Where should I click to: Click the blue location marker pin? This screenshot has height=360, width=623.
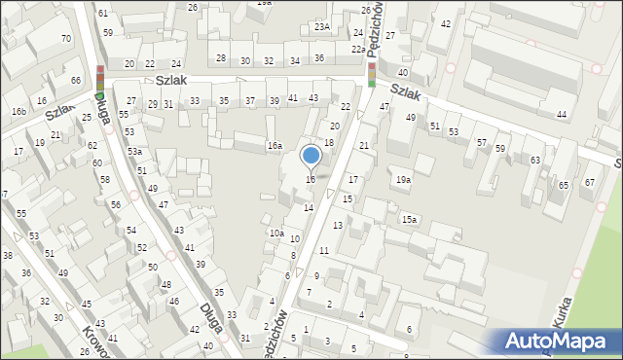click(311, 157)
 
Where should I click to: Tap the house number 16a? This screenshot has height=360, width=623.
click(275, 146)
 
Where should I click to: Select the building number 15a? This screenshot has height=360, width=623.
click(410, 220)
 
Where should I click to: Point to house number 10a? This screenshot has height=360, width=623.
click(276, 234)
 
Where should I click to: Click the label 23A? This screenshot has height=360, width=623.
click(321, 27)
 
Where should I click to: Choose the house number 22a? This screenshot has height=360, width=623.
click(358, 50)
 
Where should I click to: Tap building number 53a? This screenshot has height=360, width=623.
click(135, 152)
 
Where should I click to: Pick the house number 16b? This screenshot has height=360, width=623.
click(18, 112)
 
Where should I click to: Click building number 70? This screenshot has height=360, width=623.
click(66, 39)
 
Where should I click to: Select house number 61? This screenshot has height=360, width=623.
click(103, 14)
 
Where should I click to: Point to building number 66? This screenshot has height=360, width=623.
click(76, 80)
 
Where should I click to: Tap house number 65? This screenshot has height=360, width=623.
click(563, 185)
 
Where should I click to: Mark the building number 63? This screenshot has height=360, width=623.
click(535, 160)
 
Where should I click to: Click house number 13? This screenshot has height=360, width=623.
click(338, 226)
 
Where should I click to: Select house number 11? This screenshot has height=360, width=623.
click(324, 251)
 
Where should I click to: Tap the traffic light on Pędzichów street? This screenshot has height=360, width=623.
click(372, 70)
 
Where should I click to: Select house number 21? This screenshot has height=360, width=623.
click(363, 146)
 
